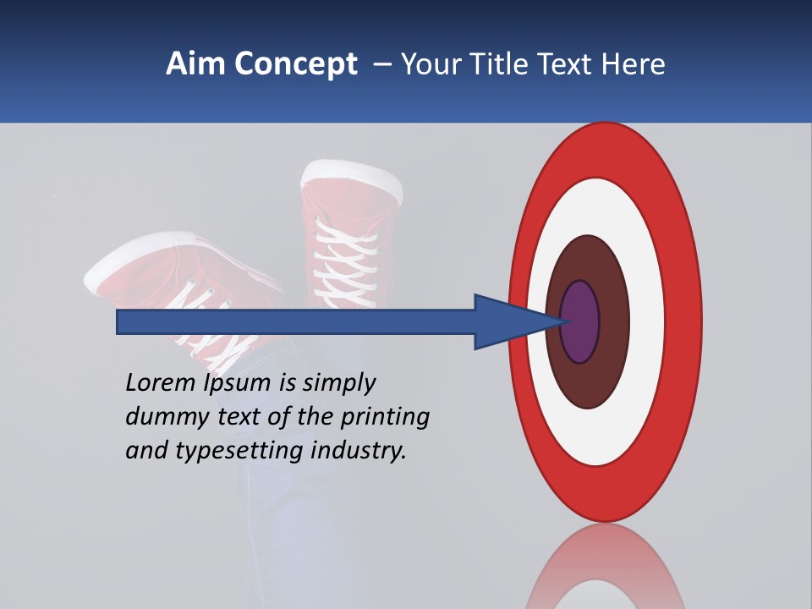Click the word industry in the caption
[359, 452]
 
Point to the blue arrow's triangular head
[507, 321]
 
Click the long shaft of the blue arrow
[296, 321]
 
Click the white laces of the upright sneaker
[343, 254]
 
